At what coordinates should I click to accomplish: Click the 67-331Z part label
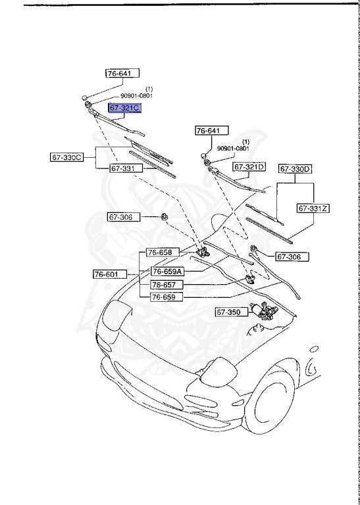click(x=313, y=208)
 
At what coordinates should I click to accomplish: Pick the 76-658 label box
click(x=160, y=252)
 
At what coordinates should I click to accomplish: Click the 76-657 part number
click(x=164, y=285)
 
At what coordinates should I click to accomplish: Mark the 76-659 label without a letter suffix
click(x=164, y=297)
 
